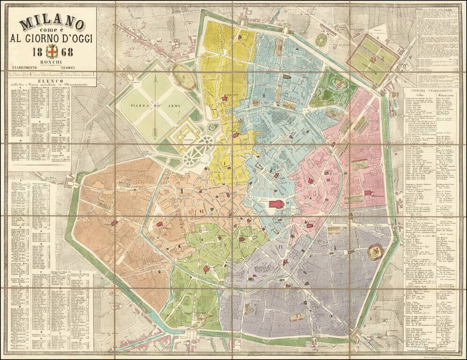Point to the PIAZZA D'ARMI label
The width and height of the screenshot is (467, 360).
(x=146, y=106)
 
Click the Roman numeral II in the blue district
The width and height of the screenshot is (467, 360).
(x=264, y=96)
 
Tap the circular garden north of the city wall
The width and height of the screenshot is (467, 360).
(x=322, y=40)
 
